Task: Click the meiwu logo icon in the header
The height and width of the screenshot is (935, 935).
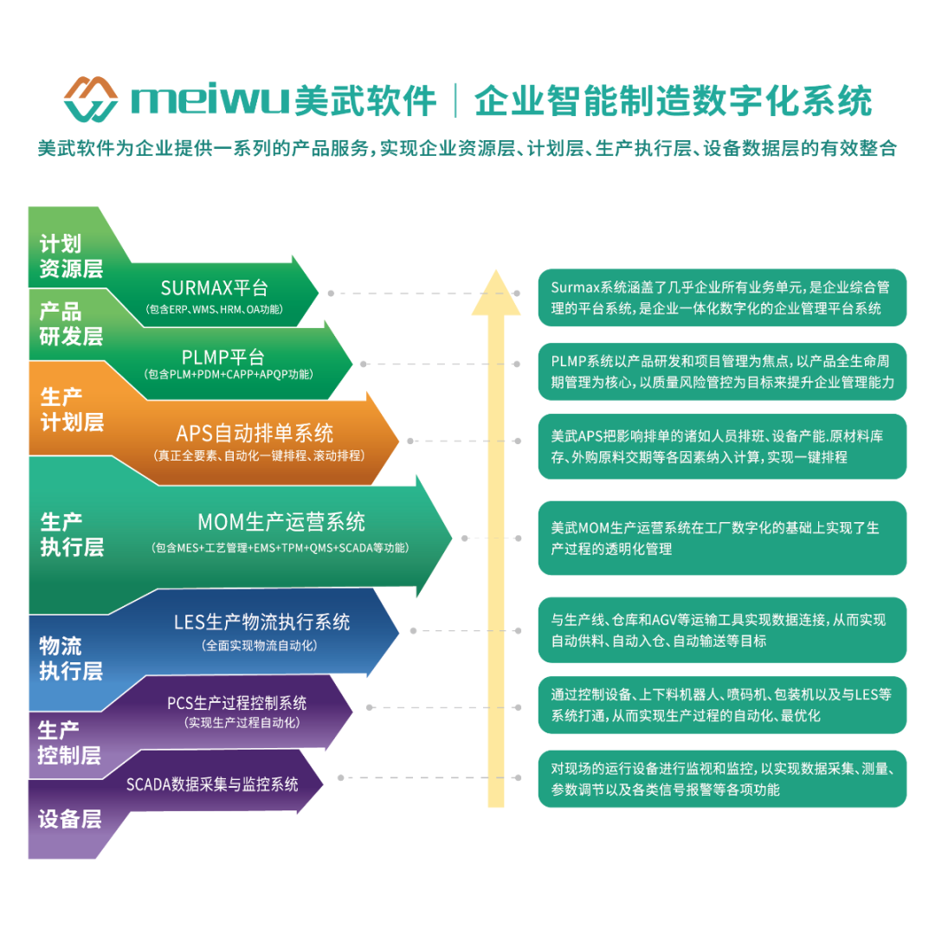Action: click(x=91, y=100)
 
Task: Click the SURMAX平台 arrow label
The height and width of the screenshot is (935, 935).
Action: click(x=215, y=288)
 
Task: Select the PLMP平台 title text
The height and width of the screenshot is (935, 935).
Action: click(x=223, y=357)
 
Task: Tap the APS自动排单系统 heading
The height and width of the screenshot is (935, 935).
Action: click(x=255, y=432)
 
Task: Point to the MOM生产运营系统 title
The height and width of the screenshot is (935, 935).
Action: click(x=281, y=522)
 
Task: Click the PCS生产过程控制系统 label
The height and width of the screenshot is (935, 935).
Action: click(x=237, y=703)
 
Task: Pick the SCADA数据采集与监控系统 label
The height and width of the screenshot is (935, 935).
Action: click(x=212, y=784)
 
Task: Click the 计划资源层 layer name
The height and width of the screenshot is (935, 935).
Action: click(x=71, y=256)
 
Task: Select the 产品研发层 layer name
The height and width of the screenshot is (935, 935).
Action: click(x=71, y=324)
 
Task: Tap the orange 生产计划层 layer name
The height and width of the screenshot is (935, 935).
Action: click(x=71, y=409)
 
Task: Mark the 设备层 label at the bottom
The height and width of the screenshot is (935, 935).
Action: click(x=70, y=818)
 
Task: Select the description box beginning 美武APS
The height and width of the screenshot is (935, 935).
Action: click(x=722, y=446)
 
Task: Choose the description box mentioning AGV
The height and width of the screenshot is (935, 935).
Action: click(x=722, y=630)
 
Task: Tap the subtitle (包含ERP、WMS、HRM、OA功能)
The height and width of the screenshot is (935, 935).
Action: click(x=215, y=309)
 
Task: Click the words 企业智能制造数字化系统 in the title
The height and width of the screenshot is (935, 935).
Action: click(x=673, y=101)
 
